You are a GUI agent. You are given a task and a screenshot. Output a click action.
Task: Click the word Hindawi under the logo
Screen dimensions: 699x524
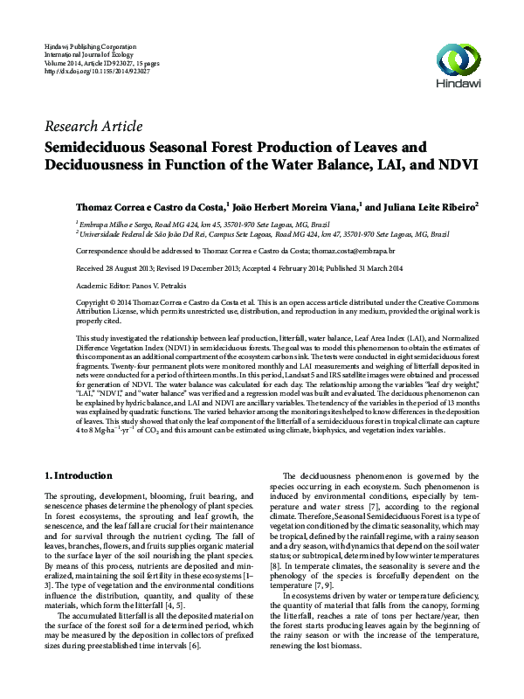[x=458, y=86]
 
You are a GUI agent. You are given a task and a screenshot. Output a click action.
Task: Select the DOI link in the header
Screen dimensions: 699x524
[x=96, y=70]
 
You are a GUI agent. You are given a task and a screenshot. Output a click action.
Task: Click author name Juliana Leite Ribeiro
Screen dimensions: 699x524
[x=423, y=208]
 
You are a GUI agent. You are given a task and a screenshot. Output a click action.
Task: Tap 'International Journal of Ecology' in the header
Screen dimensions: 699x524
[x=82, y=52]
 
